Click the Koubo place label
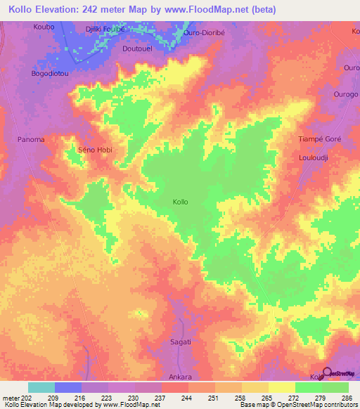tap(43, 27)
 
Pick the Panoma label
tap(31, 139)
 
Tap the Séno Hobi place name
tap(94, 150)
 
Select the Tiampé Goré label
tap(320, 139)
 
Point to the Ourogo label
tap(346, 94)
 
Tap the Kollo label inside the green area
tap(180, 202)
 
